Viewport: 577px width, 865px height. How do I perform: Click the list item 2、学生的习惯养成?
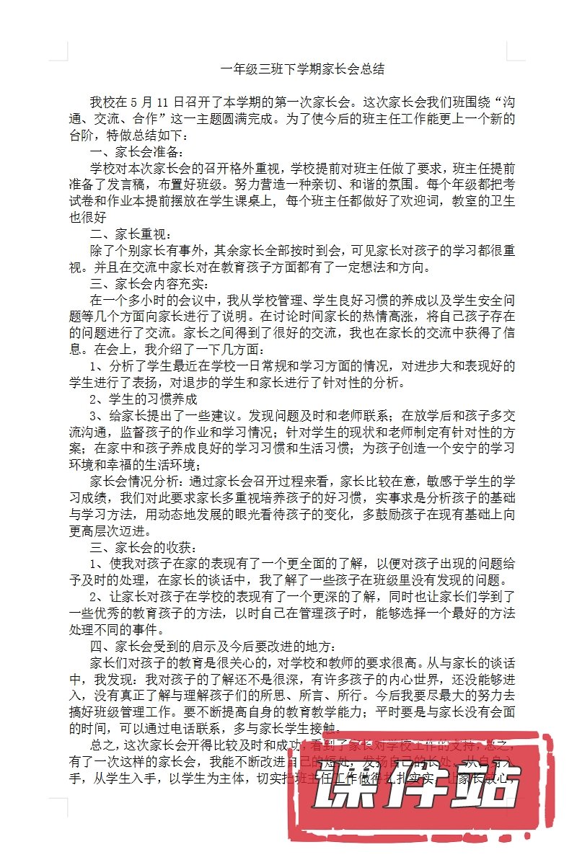pyautogui.click(x=143, y=399)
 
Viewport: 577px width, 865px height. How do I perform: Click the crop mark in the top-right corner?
pyautogui.click(x=514, y=50)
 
